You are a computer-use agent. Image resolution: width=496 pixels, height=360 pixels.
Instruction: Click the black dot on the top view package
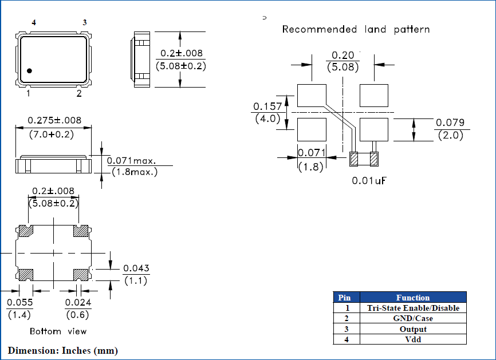coord(29,71)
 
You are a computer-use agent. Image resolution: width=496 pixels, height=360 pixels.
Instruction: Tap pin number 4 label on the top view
coord(34,22)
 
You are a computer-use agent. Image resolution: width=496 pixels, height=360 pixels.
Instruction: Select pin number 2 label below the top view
coord(79,93)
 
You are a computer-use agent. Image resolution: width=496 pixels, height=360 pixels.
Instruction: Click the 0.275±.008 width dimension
coord(54,121)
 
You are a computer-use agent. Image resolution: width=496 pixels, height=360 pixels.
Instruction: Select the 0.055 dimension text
coord(20,302)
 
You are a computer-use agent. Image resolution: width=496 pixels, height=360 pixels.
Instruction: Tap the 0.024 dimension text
coord(78,302)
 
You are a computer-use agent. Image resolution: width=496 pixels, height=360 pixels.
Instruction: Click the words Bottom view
coord(58,331)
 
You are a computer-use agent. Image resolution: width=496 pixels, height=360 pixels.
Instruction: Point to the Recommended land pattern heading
coord(356,29)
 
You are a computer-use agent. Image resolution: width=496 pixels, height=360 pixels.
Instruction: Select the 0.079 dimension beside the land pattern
coord(450,122)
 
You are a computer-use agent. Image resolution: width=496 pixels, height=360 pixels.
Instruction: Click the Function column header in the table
coord(412,298)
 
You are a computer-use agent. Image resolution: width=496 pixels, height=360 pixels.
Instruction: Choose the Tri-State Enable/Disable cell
coord(412,308)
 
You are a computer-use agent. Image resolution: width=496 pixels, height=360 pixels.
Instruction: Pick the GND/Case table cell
coord(412,318)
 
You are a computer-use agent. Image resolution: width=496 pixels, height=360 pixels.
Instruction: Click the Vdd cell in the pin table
coord(412,339)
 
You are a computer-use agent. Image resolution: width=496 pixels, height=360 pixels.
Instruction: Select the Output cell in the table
coord(412,329)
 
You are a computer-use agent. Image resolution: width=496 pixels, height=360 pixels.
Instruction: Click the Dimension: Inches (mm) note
coord(63,350)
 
